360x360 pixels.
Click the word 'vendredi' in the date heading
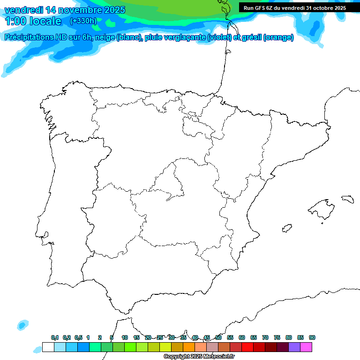(x=24, y=10)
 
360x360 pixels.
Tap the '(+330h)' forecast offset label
(x=83, y=21)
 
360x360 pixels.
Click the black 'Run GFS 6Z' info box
(x=294, y=8)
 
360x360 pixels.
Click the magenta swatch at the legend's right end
(x=306, y=347)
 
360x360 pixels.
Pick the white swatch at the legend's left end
(x=48, y=347)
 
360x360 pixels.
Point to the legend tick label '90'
(x=312, y=337)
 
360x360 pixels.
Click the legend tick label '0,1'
(x=55, y=337)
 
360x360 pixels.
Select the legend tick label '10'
(x=125, y=337)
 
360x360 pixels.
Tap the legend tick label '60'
(x=242, y=337)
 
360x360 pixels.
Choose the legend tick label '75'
(x=277, y=337)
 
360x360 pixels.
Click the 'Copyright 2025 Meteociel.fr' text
(x=199, y=357)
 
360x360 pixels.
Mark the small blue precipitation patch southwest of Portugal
(x=22, y=324)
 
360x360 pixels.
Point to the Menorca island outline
(x=347, y=199)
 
